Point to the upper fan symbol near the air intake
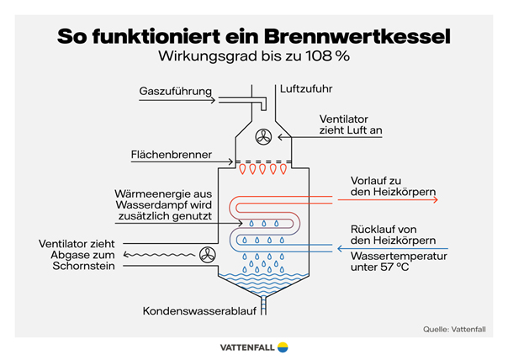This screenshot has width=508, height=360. tap(264, 136)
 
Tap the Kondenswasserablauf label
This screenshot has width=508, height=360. tap(199, 310)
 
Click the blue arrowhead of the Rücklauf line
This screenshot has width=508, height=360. tap(337, 247)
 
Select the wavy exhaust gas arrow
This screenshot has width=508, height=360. tap(160, 253)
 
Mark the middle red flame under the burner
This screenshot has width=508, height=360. tap(263, 169)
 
